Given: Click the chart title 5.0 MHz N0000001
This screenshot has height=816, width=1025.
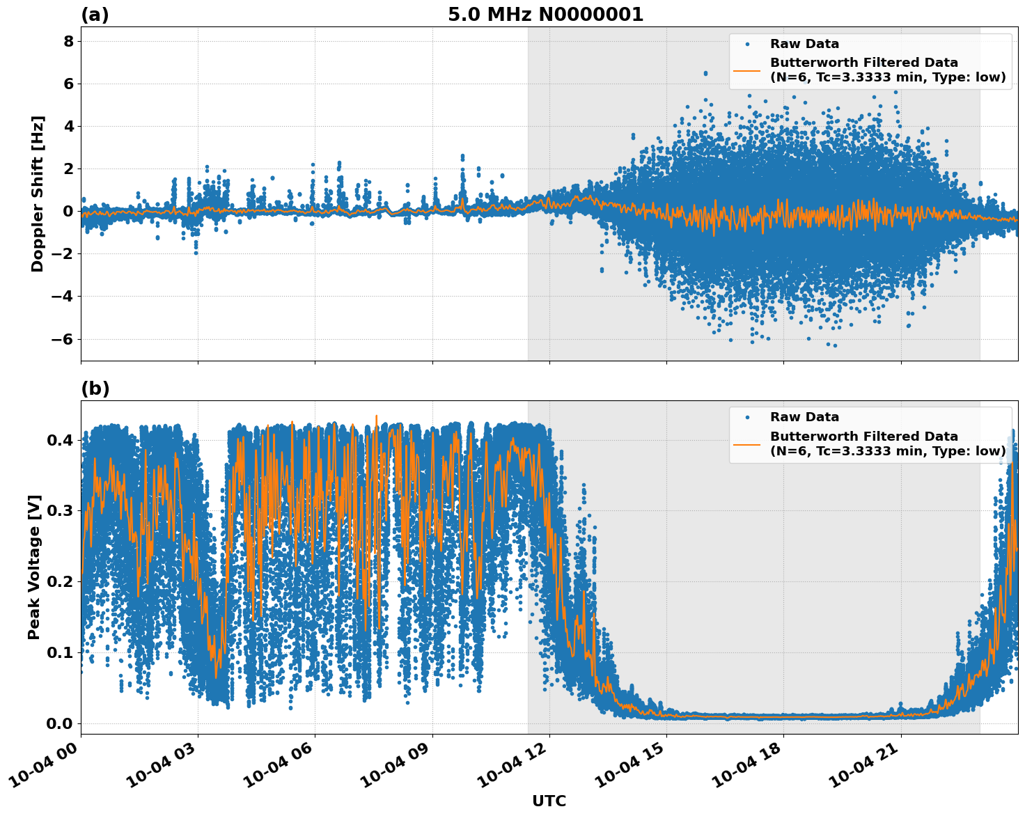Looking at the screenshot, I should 545,15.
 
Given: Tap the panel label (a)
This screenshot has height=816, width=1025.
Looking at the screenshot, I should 95,15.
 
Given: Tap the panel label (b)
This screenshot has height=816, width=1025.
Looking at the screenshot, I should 95,389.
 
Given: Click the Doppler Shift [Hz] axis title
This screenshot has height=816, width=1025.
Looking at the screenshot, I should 38,194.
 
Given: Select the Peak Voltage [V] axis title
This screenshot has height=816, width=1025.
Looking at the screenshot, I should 35,567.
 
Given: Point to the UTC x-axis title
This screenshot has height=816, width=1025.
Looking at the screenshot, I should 549,801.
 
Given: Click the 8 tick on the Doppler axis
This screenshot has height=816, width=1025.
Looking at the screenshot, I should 69,42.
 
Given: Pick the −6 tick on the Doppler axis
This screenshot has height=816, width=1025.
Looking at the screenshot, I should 64,339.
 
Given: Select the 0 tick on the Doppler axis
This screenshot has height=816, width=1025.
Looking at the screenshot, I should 69,211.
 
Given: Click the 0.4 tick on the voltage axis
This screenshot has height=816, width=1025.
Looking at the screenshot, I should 59,440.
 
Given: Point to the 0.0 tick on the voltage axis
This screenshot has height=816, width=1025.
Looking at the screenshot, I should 59,723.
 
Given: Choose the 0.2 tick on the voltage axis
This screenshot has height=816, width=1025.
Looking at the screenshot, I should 59,582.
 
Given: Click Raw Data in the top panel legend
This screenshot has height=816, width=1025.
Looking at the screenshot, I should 804,44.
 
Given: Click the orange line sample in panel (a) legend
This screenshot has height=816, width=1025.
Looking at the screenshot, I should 747,70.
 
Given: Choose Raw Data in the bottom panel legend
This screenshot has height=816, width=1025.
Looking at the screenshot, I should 804,417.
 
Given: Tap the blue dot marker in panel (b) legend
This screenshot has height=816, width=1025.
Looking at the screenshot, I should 747,417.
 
